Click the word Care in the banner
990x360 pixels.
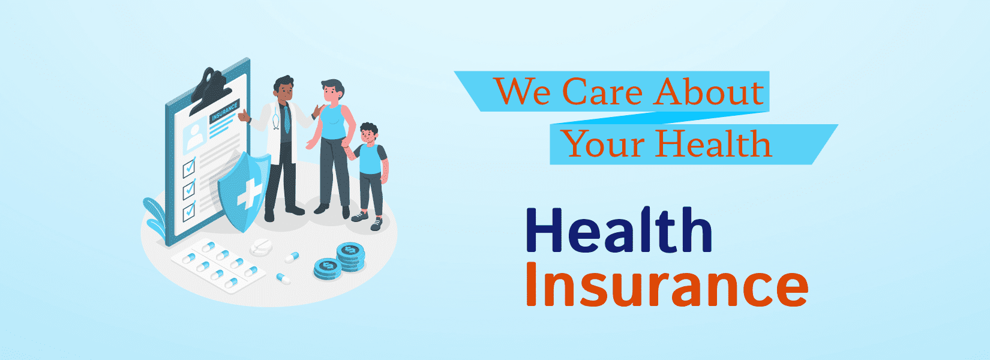(x=602, y=92)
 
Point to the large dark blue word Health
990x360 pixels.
(x=619, y=230)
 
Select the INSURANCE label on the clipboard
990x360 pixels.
(x=224, y=112)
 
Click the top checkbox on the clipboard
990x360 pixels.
(x=189, y=166)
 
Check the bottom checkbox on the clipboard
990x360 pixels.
(x=189, y=211)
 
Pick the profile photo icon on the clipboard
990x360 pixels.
(x=197, y=135)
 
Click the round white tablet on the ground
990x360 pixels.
(x=262, y=246)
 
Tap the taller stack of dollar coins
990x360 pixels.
(x=350, y=256)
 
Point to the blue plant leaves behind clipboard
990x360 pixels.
(x=155, y=216)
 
